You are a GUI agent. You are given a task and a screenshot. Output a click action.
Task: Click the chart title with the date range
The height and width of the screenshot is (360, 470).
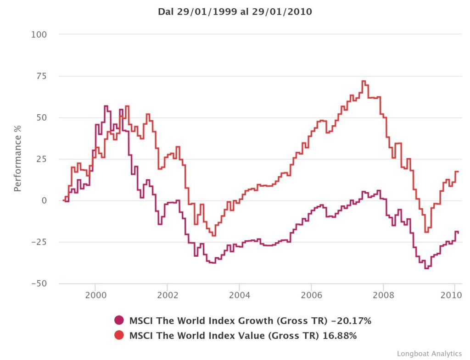coord(235,12)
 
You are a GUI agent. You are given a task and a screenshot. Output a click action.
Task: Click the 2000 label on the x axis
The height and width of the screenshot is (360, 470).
coord(95,295)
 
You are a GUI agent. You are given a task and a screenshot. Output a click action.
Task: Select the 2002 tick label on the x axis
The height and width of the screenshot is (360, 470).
coord(167,295)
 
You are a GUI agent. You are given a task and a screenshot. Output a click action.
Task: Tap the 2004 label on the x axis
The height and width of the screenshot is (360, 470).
coord(239,295)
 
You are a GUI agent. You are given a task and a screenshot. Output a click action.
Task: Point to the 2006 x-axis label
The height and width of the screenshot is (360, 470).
coord(311,295)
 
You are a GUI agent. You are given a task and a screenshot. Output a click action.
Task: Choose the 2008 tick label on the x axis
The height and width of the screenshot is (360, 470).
coord(383,295)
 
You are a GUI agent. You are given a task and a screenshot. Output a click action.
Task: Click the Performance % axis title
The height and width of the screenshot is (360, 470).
coord(17,159)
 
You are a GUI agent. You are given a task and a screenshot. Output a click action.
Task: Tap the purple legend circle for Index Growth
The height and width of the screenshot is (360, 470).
coord(119,321)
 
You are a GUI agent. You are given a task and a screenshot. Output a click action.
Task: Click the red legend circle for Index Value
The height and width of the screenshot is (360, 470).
coord(119,335)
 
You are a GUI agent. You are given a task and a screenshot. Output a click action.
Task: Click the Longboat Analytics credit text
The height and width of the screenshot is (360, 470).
coord(429,353)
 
